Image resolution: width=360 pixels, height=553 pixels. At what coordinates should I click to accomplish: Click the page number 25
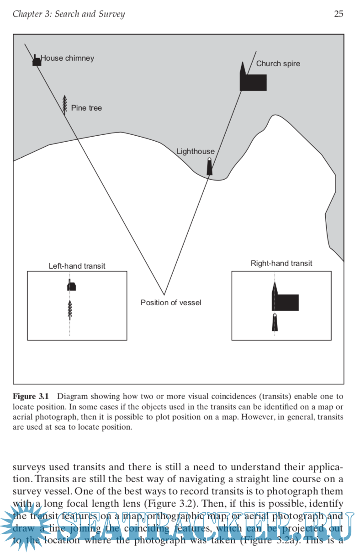coord(339,14)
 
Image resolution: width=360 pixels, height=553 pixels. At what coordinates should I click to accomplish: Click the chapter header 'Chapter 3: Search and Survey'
coord(69,14)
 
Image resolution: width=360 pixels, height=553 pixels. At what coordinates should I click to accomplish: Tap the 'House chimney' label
coord(68,58)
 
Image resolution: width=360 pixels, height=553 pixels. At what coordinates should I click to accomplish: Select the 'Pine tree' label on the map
coord(86,108)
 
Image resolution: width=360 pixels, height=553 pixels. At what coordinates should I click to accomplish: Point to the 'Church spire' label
coord(278,64)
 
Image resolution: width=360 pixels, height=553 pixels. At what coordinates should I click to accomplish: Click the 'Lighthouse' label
coord(196,151)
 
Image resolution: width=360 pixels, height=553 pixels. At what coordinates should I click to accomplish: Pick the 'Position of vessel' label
coord(171,302)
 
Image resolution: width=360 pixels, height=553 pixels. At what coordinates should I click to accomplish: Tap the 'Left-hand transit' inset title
coord(77,266)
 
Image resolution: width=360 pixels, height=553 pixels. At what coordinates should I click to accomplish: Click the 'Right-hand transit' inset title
coord(281,263)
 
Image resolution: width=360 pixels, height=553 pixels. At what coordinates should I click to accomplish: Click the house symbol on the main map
coord(37,61)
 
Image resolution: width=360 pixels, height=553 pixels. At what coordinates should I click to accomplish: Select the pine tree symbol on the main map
coord(65,105)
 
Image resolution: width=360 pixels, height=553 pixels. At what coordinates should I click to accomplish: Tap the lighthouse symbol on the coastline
coord(210,167)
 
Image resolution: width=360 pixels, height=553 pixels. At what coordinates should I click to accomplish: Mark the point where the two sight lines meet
coord(164,294)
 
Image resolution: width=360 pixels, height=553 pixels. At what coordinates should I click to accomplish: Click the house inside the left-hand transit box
coord(71,286)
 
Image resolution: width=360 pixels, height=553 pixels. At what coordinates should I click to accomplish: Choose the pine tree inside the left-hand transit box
coord(70,309)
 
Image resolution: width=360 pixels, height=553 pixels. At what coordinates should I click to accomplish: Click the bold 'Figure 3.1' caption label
coord(33,396)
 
